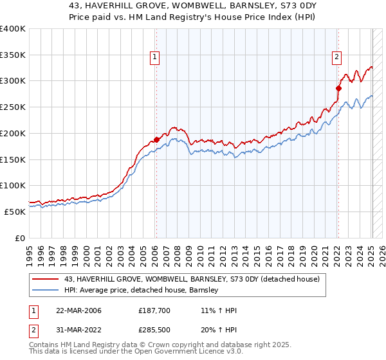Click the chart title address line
[x=192, y=6]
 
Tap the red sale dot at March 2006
[x=156, y=139]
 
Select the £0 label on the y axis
[x=19, y=238]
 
